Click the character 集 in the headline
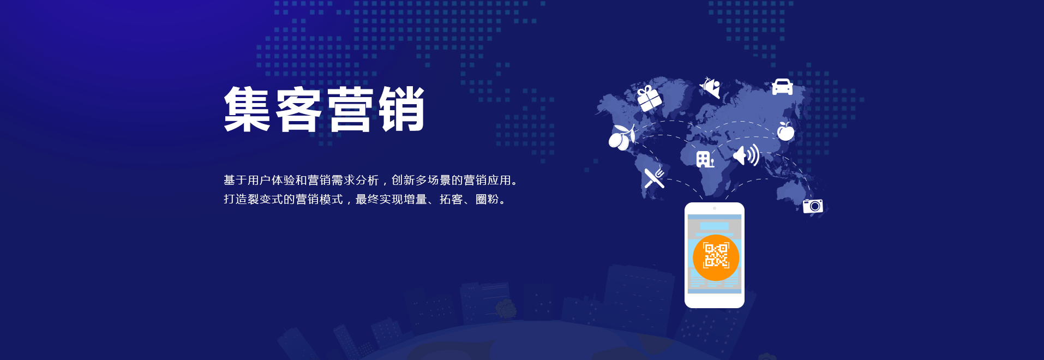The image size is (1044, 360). [x=247, y=109]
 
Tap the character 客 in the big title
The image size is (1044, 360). [x=298, y=109]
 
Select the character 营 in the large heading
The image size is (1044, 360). [x=350, y=109]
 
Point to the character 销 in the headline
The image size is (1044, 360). [x=401, y=109]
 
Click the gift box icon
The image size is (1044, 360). [x=649, y=98]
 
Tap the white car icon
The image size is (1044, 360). [x=782, y=87]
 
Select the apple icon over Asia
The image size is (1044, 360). [x=785, y=131]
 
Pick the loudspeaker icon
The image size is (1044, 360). [x=746, y=155]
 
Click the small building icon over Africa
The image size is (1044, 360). [x=705, y=159]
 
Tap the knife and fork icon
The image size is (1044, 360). [x=654, y=177]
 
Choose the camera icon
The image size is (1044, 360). [x=813, y=206]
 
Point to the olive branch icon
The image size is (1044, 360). [x=622, y=137]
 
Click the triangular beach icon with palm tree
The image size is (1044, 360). [x=710, y=87]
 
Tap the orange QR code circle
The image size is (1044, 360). [x=716, y=257]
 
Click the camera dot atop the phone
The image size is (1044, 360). [x=715, y=208]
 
